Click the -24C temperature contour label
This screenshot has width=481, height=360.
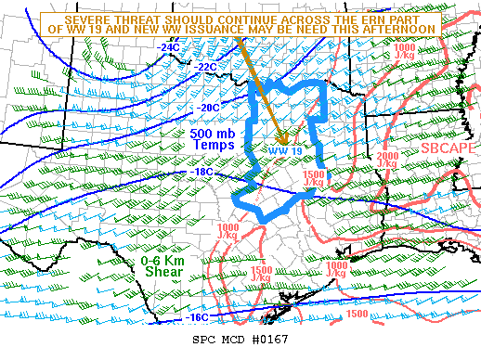pyautogui.click(x=170, y=46)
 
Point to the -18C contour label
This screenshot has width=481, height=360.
pyautogui.click(x=201, y=172)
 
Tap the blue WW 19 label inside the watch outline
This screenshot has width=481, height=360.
pyautogui.click(x=285, y=149)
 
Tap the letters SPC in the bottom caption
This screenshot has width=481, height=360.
pyautogui.click(x=204, y=340)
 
